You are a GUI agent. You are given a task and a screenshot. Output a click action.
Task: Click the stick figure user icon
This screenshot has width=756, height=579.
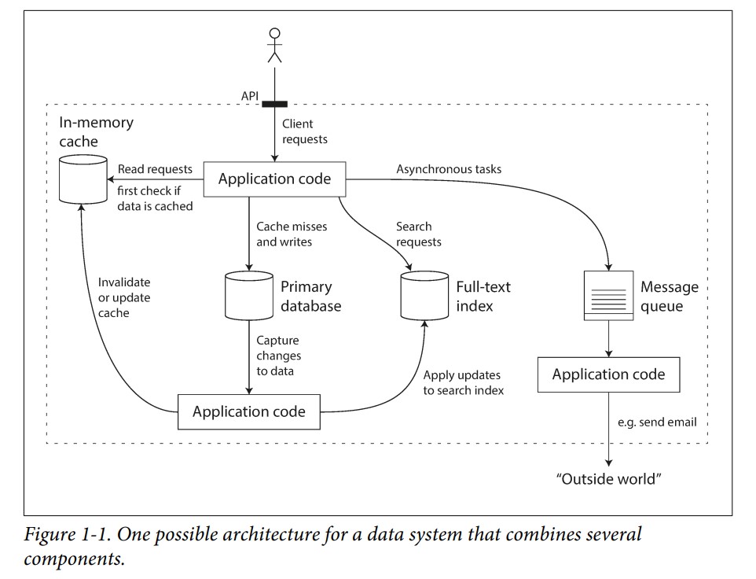coord(274,46)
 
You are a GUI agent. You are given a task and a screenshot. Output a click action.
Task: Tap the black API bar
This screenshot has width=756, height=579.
coord(274,104)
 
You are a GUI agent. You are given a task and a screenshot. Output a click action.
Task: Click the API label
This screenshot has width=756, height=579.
coord(250,96)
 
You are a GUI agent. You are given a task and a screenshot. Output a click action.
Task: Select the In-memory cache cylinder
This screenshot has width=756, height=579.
coord(83,179)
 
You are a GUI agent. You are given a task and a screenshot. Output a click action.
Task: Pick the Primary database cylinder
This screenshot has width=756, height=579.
coord(249,295)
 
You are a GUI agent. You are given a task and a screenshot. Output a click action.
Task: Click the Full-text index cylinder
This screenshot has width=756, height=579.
coord(424,295)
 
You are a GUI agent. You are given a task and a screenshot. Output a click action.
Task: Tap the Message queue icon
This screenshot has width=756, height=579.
coord(608,295)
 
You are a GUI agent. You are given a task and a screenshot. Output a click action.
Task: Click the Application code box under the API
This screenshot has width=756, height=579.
coord(274,179)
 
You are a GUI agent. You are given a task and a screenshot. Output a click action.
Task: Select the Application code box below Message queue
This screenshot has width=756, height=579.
coord(608,374)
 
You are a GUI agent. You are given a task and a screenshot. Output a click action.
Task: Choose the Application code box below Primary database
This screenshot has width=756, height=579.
coord(249,411)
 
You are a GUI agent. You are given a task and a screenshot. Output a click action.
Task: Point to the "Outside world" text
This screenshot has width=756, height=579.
coord(608,479)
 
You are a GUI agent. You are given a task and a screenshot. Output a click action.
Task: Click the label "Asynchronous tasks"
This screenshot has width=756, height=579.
coord(449,169)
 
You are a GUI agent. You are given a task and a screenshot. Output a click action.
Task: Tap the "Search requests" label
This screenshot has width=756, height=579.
coord(419,234)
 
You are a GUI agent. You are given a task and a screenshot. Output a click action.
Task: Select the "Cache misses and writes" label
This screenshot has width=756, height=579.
coord(292,234)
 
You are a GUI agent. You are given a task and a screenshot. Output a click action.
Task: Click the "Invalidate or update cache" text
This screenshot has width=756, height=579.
coord(124,297)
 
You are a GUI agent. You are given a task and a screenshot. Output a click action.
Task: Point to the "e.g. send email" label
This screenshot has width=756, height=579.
coord(657,422)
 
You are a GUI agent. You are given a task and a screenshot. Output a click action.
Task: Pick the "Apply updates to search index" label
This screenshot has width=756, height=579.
coord(464,382)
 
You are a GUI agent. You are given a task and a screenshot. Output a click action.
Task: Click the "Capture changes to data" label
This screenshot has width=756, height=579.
coord(279,356)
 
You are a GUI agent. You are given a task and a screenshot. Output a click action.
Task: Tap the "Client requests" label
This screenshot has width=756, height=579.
coord(305,131)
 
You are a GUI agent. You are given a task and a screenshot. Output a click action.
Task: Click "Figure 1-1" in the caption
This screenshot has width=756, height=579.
coord(68,535)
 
